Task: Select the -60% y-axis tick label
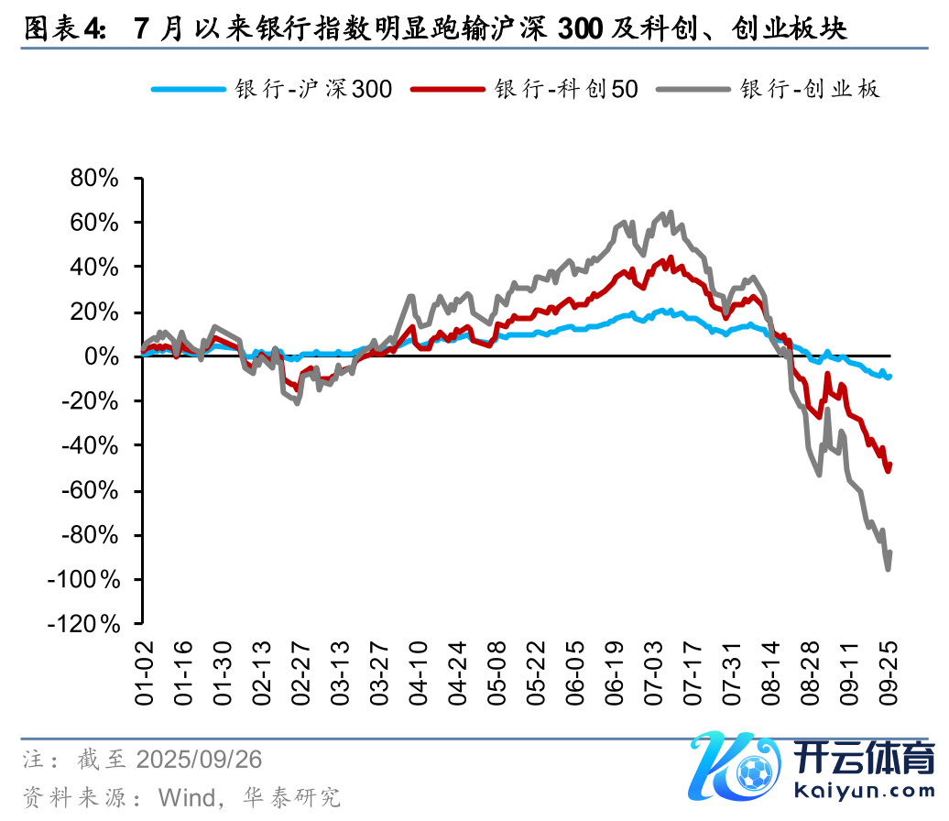pyautogui.click(x=91, y=490)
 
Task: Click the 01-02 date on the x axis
pyautogui.click(x=145, y=674)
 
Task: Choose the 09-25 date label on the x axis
pyautogui.click(x=888, y=674)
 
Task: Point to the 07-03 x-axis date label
pyautogui.click(x=653, y=674)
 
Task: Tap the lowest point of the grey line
pyautogui.click(x=888, y=569)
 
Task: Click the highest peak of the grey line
pyautogui.click(x=671, y=213)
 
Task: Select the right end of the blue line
pyautogui.click(x=889, y=376)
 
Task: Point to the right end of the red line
pyautogui.click(x=889, y=465)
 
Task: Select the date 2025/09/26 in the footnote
pyautogui.click(x=199, y=760)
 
